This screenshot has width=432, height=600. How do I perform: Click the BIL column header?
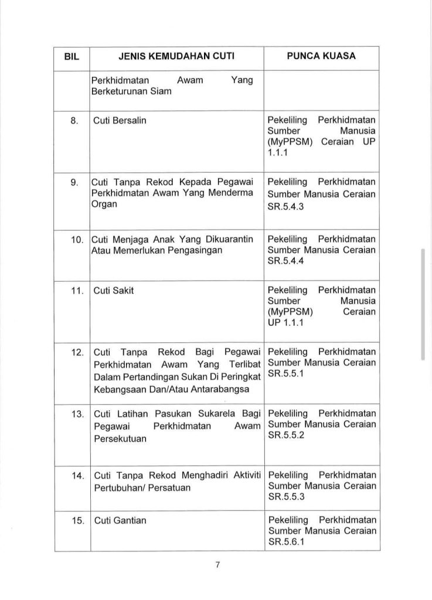(x=70, y=58)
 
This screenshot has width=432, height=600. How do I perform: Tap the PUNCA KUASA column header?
(x=320, y=58)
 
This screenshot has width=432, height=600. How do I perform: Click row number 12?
(x=73, y=352)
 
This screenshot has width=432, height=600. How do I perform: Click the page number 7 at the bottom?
(x=217, y=565)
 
